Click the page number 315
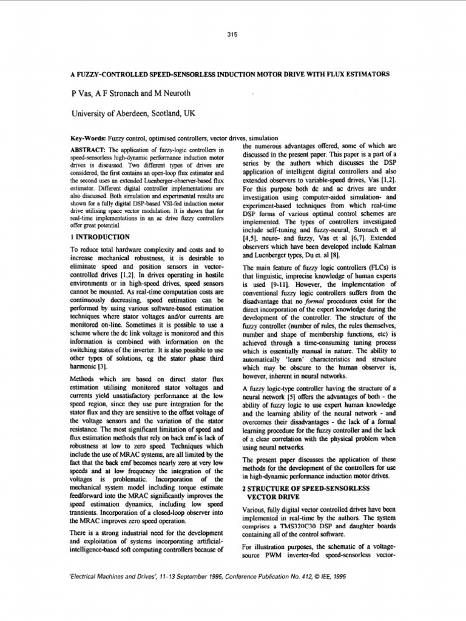point(232,35)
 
